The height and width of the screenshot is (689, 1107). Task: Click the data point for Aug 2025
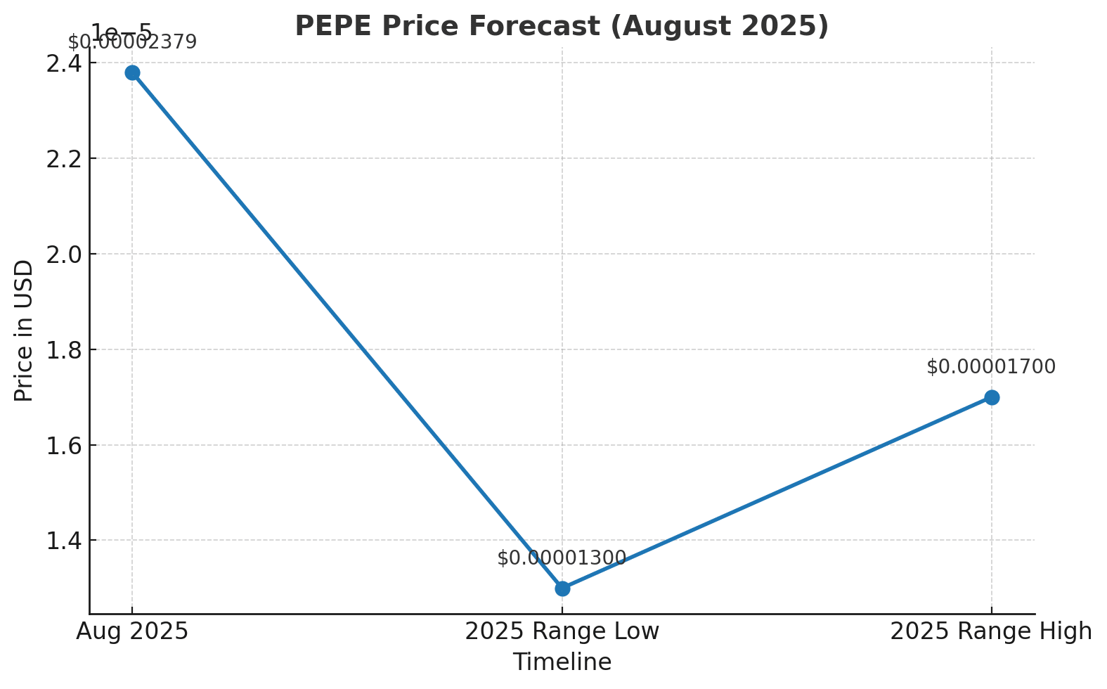click(132, 72)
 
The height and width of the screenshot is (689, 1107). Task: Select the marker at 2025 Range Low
click(562, 588)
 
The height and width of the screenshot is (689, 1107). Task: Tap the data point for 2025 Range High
click(992, 397)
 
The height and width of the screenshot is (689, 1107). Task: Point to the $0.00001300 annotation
click(562, 558)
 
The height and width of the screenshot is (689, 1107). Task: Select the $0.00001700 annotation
click(991, 367)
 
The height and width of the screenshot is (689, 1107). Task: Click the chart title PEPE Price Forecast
click(561, 26)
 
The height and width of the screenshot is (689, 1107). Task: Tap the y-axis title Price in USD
click(24, 330)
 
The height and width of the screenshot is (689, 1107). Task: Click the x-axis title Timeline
click(562, 662)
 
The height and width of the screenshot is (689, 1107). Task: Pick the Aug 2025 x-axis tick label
click(132, 631)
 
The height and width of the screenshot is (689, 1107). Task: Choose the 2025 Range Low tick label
click(562, 631)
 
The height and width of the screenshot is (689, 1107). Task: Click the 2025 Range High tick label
click(991, 631)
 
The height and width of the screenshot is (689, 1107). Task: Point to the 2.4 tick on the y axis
click(63, 63)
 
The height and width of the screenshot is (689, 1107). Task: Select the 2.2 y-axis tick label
click(63, 159)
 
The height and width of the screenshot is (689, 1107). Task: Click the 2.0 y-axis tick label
click(63, 255)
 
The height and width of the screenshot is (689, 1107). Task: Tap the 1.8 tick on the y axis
click(63, 350)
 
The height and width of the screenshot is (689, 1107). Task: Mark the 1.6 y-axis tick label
click(63, 446)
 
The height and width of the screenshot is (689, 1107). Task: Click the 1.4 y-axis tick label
click(63, 541)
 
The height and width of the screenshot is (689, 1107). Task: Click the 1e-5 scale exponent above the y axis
click(121, 32)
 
